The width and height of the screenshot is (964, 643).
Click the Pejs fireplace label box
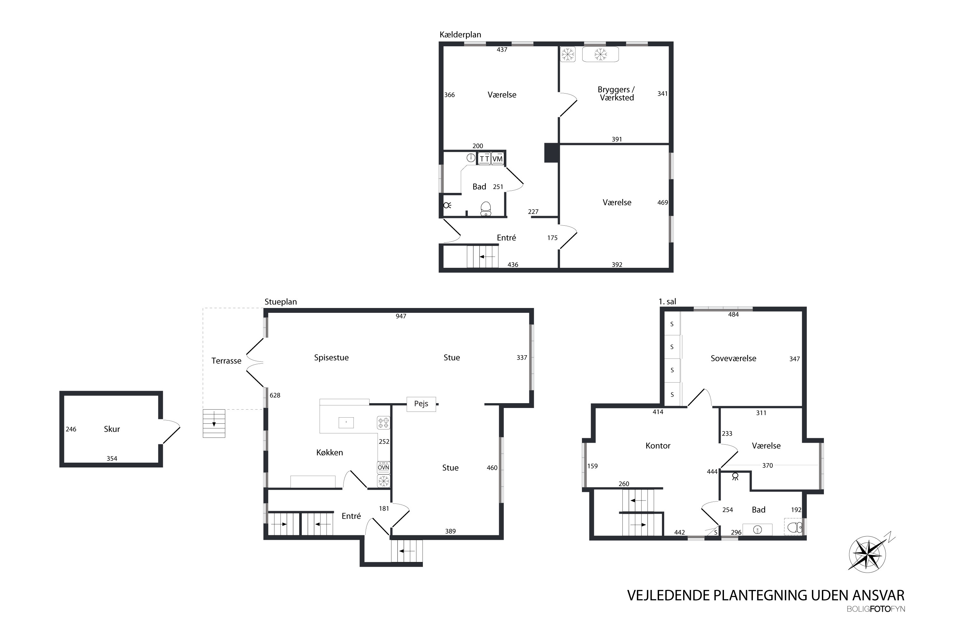pyautogui.click(x=421, y=404)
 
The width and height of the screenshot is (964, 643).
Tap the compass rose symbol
pyautogui.click(x=867, y=554)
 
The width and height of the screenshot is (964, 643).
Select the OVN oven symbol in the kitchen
pyautogui.click(x=383, y=467)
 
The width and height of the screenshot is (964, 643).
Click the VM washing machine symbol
pyautogui.click(x=497, y=159)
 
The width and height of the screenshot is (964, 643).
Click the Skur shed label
pyautogui.click(x=112, y=429)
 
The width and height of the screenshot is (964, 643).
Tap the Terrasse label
pyautogui.click(x=226, y=361)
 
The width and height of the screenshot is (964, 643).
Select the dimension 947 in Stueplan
pyautogui.click(x=401, y=316)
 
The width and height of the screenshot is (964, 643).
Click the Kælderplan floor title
pyautogui.click(x=460, y=35)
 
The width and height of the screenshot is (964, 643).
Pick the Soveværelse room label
pyautogui.click(x=733, y=358)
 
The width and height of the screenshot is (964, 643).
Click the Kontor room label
pyautogui.click(x=658, y=446)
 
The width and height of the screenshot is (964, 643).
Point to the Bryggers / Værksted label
pyautogui.click(x=616, y=94)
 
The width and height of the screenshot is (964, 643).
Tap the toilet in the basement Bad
pyautogui.click(x=486, y=208)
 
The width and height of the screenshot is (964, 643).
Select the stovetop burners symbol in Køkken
pyautogui.click(x=383, y=423)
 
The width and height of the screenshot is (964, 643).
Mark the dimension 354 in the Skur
pyautogui.click(x=112, y=458)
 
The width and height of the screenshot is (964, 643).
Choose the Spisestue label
pyautogui.click(x=331, y=358)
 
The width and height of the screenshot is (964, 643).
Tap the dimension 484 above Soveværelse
pyautogui.click(x=733, y=314)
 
